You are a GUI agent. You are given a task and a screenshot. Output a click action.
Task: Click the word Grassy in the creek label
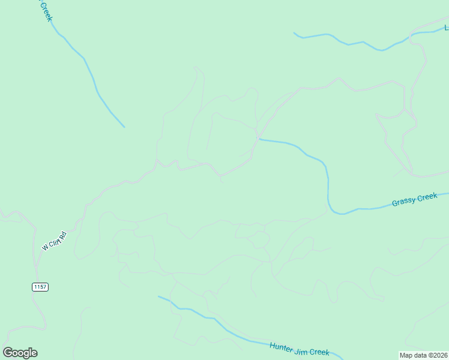coord(403,202)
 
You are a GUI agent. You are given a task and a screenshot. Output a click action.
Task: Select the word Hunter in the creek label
coord(281,346)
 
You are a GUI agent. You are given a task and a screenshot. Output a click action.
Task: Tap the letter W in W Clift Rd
coord(45,247)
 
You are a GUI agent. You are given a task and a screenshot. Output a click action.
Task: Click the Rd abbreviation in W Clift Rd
coord(69,230)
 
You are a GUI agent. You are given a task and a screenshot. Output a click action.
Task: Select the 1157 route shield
coord(40,287)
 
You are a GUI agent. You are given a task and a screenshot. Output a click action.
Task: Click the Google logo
coord(20,353)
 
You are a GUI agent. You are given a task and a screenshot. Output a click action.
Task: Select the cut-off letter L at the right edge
coord(446,28)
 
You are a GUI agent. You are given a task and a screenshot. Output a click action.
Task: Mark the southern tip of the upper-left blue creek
coord(124,127)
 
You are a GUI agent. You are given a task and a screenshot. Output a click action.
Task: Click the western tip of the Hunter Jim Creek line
coord(158,296)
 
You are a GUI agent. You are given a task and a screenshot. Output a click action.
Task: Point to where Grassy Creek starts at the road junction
coord(259,140)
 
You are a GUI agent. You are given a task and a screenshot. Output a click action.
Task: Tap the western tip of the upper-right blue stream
coord(294,33)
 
